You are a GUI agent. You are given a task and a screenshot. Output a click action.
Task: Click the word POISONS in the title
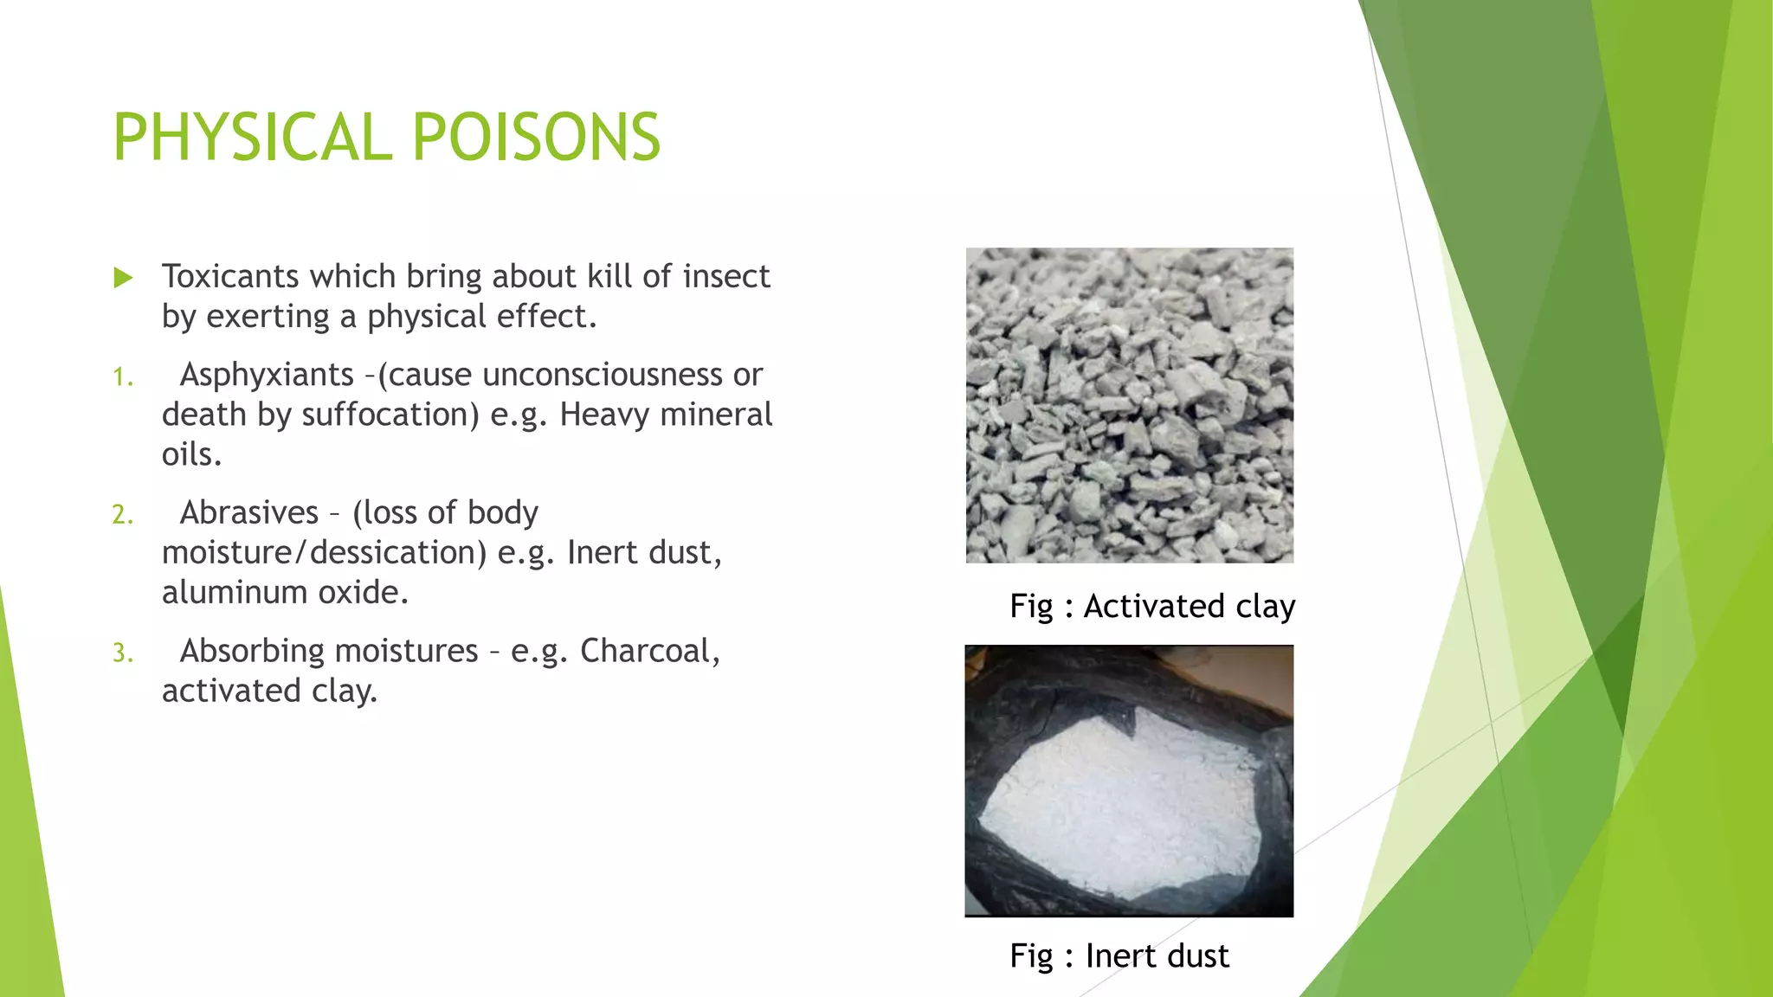[x=536, y=138]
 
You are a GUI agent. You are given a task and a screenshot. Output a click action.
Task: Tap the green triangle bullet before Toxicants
[x=123, y=278]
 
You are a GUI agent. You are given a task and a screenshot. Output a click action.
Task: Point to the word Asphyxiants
[x=267, y=375]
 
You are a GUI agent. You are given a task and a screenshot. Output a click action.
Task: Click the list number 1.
[x=123, y=377]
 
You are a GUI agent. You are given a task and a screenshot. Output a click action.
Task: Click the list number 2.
[x=123, y=515]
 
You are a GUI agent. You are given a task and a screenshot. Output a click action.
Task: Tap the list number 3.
[x=123, y=653]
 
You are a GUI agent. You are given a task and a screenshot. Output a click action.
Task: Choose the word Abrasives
[x=249, y=512]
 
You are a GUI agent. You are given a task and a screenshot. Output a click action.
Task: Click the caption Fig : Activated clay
[x=1151, y=606]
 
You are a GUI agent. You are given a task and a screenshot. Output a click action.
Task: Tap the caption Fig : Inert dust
[x=1119, y=955]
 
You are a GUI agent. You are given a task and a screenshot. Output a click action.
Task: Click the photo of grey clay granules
[x=1129, y=405]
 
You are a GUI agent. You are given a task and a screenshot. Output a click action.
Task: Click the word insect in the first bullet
[x=725, y=277]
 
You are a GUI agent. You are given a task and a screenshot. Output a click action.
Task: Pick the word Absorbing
[x=328, y=651]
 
